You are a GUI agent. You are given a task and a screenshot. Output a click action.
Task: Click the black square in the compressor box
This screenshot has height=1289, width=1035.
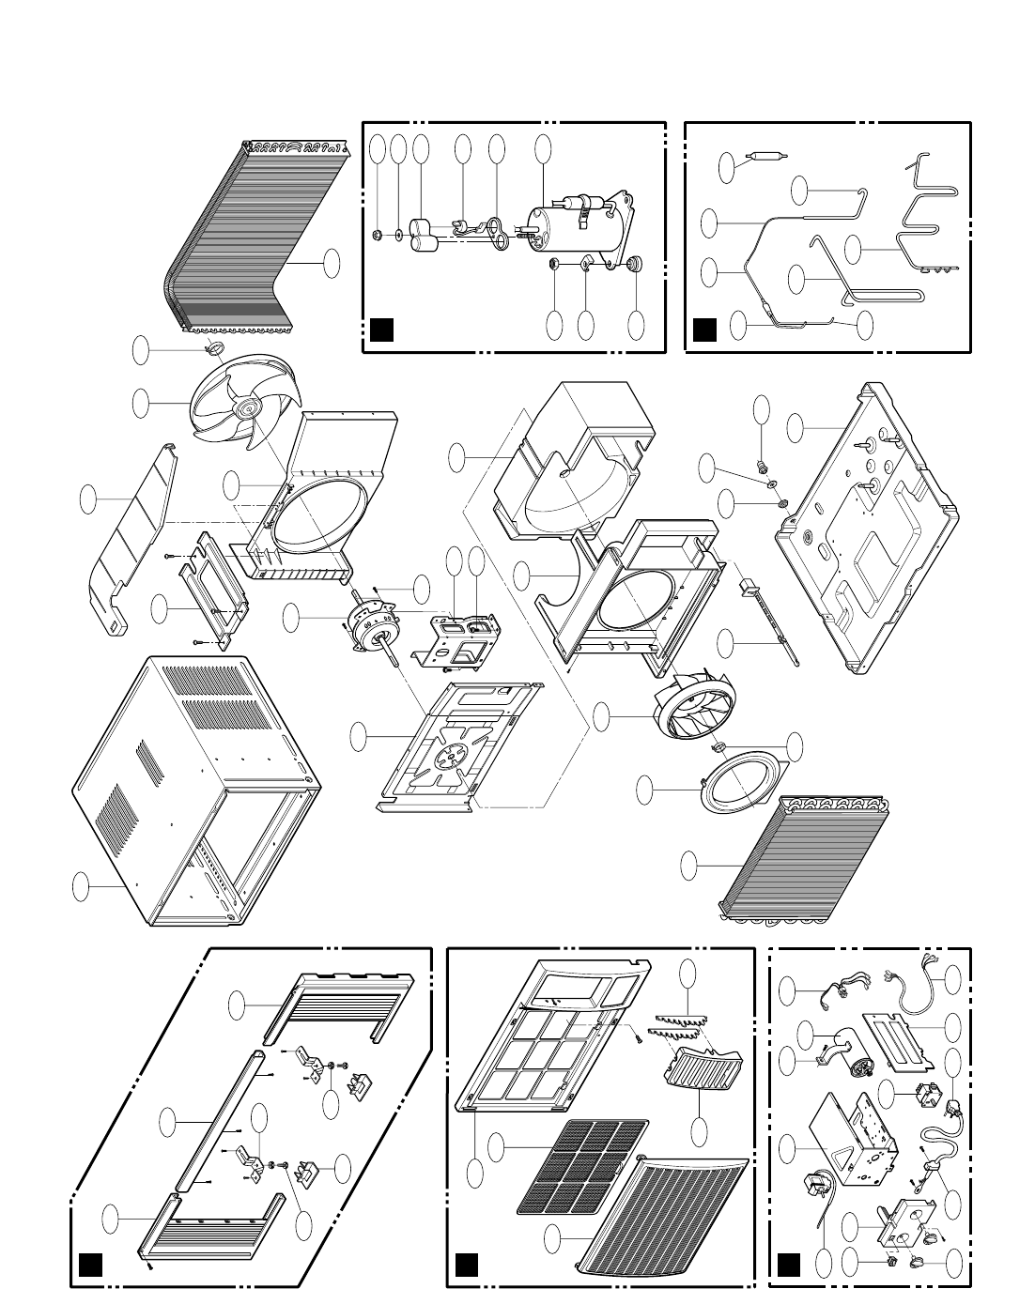(379, 330)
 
